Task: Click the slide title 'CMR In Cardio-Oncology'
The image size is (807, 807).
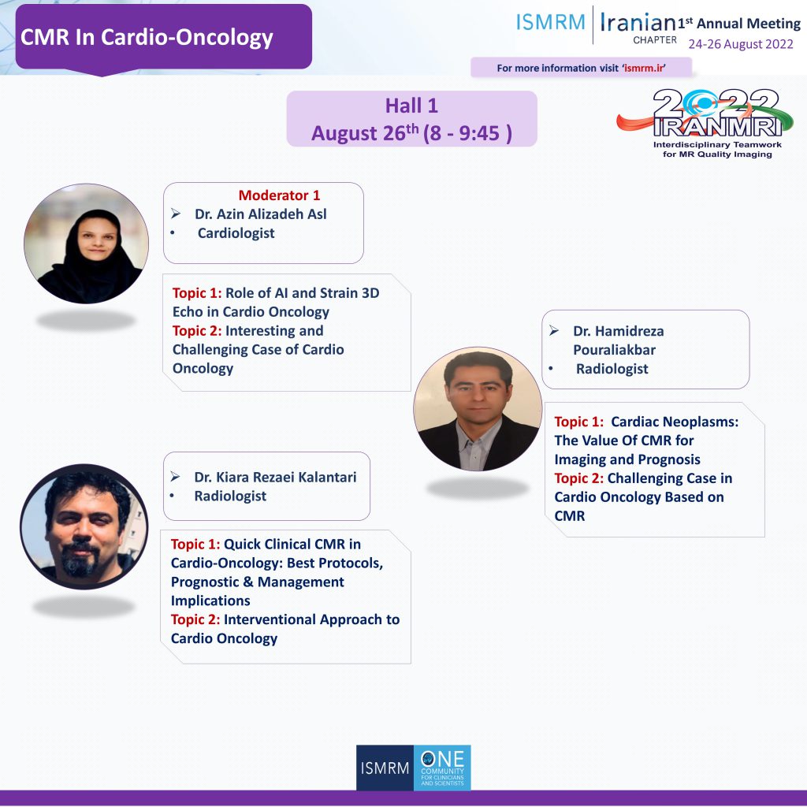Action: tap(147, 37)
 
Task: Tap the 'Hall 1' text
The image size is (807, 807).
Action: tap(411, 106)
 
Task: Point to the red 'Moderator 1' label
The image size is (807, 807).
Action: tap(279, 195)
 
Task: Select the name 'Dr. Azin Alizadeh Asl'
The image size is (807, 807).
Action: tap(260, 214)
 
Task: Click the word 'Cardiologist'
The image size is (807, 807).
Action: tap(236, 233)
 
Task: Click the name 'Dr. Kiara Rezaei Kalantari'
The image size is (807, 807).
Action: tap(275, 477)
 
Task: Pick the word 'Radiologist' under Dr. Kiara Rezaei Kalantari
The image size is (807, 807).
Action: tap(230, 496)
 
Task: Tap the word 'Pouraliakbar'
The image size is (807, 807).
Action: tap(614, 350)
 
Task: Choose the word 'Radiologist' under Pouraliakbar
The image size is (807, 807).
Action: tap(612, 369)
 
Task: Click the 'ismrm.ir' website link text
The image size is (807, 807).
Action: tap(644, 68)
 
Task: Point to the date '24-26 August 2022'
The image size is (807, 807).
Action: tap(741, 44)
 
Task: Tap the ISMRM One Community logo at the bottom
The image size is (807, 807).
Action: tap(413, 768)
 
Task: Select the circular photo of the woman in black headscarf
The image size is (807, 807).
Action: tap(86, 244)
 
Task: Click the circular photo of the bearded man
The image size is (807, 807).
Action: tap(84, 526)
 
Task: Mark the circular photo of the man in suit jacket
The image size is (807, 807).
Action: tap(478, 409)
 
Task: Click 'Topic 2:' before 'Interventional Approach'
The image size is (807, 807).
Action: tap(195, 619)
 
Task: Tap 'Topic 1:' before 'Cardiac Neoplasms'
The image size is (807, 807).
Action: tap(579, 422)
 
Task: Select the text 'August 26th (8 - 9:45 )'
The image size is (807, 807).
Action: tap(411, 132)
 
